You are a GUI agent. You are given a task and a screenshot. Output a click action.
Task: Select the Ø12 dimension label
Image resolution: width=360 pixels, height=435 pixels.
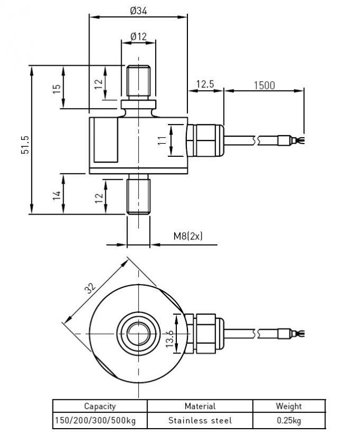tap(138, 37)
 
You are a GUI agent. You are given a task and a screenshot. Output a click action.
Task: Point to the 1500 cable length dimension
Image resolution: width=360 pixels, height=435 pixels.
tap(264, 85)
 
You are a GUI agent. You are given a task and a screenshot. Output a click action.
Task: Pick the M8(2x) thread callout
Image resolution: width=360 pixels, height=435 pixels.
tap(188, 236)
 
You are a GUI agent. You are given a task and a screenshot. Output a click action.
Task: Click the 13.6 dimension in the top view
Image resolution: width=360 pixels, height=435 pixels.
tap(170, 338)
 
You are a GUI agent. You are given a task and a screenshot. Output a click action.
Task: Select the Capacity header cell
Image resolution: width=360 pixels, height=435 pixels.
tap(100, 406)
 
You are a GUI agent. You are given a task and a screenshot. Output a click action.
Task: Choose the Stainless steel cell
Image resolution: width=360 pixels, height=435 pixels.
tap(200, 420)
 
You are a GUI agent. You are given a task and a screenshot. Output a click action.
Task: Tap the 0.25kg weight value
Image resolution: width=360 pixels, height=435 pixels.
tap(289, 420)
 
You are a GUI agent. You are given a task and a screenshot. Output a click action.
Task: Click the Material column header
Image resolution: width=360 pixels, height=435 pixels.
tap(200, 406)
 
